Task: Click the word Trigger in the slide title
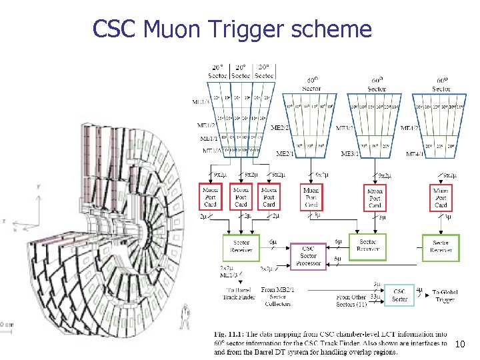270,29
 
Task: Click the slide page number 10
459,344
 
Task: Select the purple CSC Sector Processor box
308,255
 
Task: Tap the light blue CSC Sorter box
399,295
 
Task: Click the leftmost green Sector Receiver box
241,246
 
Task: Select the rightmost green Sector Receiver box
441,246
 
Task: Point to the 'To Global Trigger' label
443,296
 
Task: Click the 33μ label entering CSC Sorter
375,296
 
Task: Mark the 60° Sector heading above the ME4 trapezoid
441,84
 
